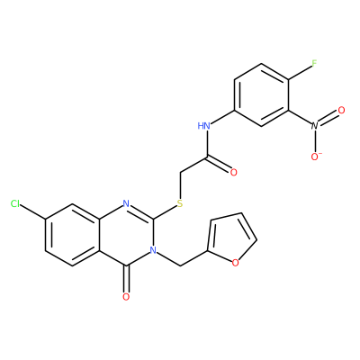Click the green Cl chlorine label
pos(15,204)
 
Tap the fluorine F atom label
pos(314,63)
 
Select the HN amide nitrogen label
pos(203,126)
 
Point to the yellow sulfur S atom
pos(180,203)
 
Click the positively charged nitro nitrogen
pos(314,126)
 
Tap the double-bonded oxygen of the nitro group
pos(341,110)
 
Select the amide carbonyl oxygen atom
pos(233,173)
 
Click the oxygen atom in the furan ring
pos(236,263)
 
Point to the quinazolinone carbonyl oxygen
pos(126,297)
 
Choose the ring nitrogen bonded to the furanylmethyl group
pos(153,250)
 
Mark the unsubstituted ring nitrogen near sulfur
pos(126,204)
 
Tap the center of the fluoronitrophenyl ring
pos(262,94)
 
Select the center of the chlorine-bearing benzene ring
pos(72,235)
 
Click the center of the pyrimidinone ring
pos(126,235)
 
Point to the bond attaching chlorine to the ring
pos(33,211)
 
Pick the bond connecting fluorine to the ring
pos(300,73)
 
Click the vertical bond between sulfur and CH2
pos(180,185)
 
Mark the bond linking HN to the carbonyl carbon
pos(207,144)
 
